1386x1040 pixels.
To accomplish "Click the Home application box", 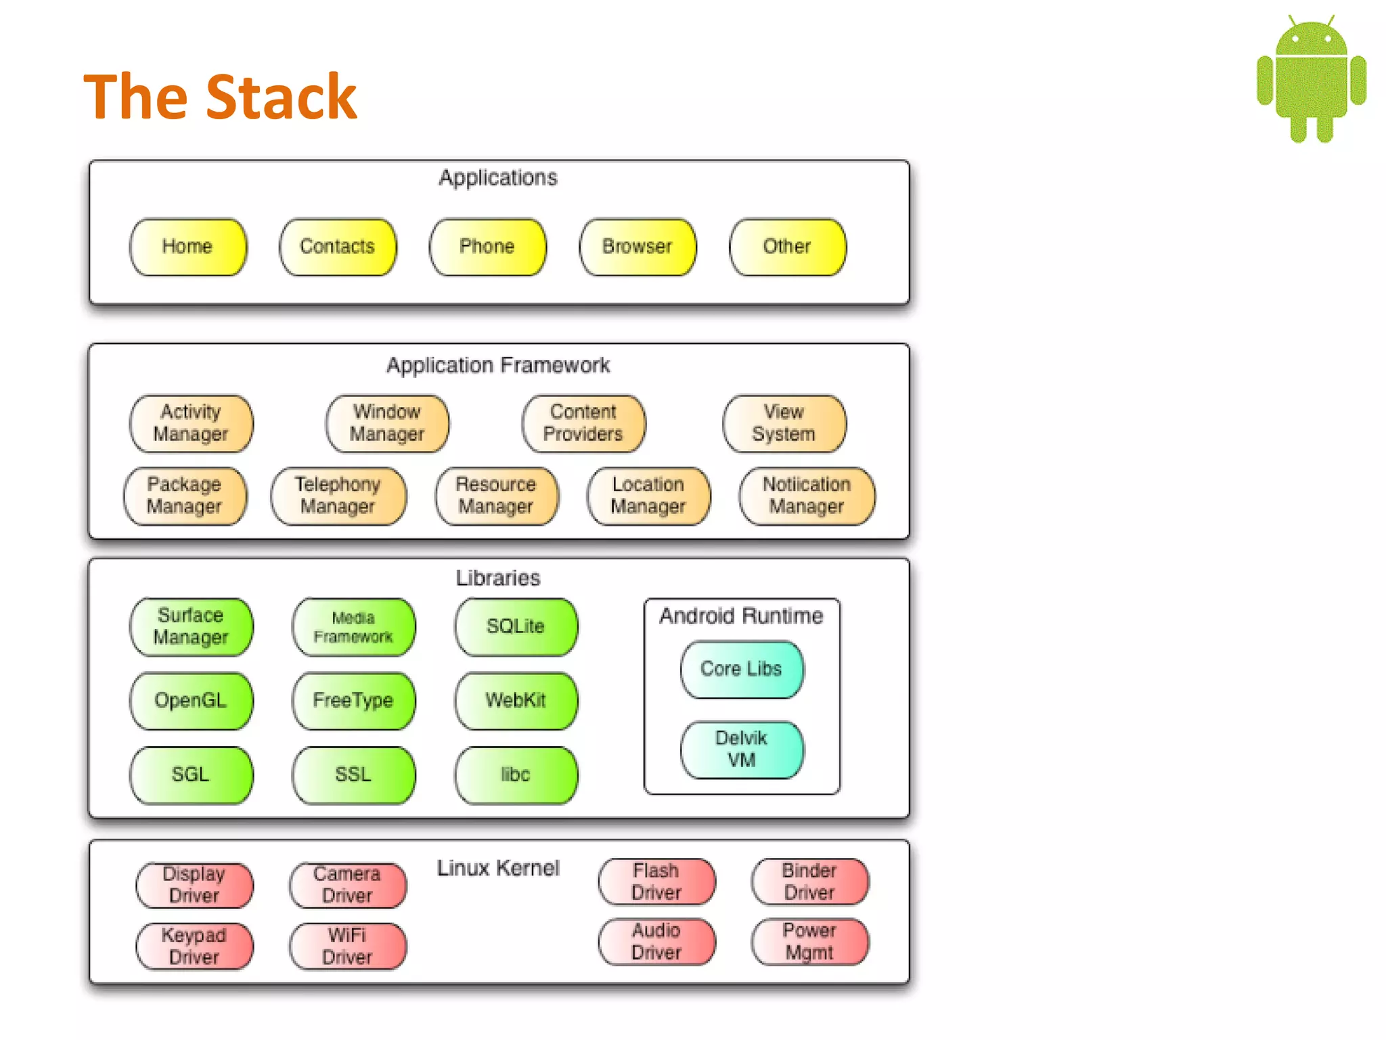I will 188,246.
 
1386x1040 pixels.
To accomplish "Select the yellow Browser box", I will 638,246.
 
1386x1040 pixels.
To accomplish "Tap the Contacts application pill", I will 338,246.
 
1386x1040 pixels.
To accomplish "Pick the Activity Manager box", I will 191,423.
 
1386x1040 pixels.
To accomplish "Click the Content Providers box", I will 583,423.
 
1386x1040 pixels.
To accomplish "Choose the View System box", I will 784,423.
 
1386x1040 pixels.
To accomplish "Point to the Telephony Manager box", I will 338,496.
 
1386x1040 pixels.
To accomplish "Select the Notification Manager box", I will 807,496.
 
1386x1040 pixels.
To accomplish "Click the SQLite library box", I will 516,626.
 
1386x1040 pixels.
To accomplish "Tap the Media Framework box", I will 353,627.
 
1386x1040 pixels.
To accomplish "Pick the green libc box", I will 516,775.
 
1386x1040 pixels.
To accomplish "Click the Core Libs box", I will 742,669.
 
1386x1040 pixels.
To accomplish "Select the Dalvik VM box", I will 742,749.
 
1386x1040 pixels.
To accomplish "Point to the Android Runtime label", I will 742,616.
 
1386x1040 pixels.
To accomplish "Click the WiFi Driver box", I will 347,946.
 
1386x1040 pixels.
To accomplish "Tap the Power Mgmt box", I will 809,941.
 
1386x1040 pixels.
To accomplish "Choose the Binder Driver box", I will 809,881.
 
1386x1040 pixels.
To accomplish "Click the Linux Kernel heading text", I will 498,868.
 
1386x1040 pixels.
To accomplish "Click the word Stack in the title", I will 281,97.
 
